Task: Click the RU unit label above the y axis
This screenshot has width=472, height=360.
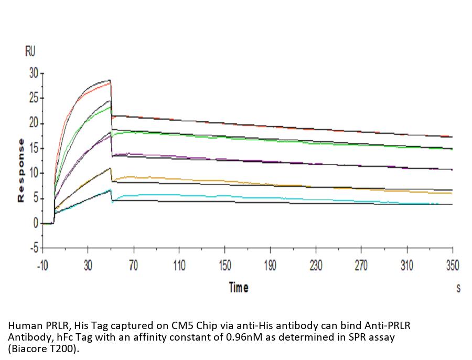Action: click(x=30, y=51)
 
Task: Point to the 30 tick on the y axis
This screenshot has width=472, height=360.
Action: click(x=34, y=73)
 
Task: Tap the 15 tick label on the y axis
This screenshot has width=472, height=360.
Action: click(x=34, y=149)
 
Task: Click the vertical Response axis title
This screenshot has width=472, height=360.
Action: click(x=21, y=170)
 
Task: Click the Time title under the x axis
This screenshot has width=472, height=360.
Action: click(x=238, y=288)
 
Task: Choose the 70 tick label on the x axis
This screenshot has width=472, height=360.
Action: click(x=133, y=266)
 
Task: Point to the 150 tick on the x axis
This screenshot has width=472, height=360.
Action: click(x=224, y=266)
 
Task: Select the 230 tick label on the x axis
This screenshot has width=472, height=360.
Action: click(x=316, y=266)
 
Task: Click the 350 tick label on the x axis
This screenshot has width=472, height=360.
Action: click(x=452, y=266)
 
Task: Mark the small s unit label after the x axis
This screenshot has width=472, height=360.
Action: click(x=458, y=288)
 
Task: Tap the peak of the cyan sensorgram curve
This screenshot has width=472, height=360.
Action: click(x=110, y=190)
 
